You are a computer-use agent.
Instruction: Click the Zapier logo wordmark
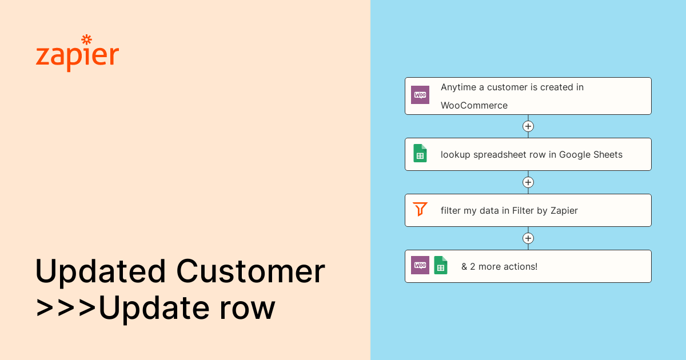click(77, 54)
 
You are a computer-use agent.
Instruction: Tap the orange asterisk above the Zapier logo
click(87, 39)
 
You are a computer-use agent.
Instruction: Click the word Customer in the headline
click(250, 271)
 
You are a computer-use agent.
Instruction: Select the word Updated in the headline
click(101, 271)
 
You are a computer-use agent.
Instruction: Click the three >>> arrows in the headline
click(66, 308)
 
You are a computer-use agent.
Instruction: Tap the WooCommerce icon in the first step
click(420, 95)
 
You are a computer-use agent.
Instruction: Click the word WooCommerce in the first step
click(474, 105)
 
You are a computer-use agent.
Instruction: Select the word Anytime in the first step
click(458, 87)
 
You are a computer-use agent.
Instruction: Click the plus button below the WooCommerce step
click(528, 126)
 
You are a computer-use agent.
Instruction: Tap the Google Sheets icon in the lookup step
click(420, 153)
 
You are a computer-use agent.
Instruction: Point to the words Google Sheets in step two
click(591, 155)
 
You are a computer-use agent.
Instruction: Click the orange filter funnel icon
click(420, 209)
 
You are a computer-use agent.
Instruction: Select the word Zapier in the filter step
click(564, 211)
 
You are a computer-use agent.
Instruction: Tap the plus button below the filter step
click(528, 238)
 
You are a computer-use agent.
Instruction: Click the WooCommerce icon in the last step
click(420, 265)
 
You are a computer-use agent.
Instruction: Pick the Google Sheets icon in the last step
click(441, 265)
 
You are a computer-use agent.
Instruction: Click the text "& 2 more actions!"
click(499, 267)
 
